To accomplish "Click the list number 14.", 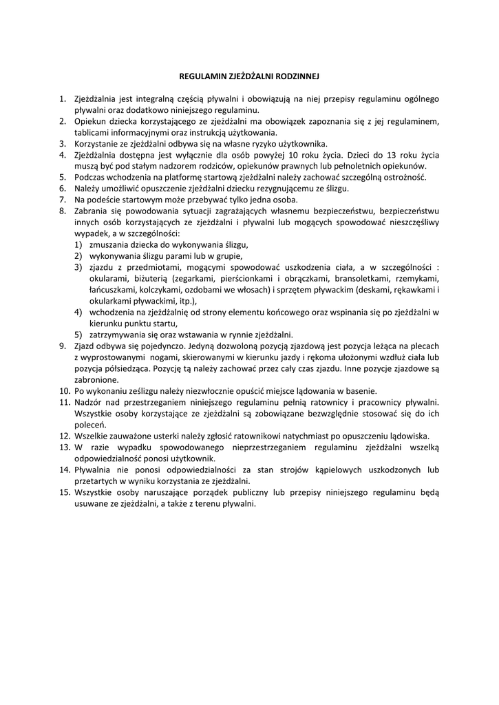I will [64, 469].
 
